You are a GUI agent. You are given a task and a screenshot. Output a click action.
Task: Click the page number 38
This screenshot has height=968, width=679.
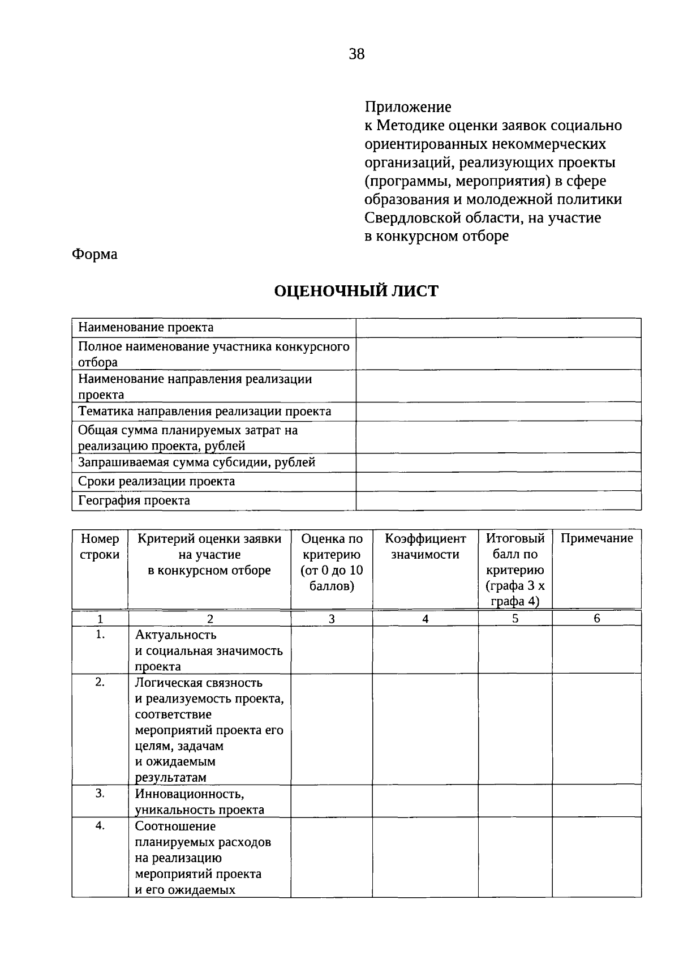click(x=357, y=54)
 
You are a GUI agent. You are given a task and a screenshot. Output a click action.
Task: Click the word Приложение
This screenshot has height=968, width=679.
click(x=408, y=107)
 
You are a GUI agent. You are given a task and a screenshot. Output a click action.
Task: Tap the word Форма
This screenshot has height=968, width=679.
click(x=94, y=254)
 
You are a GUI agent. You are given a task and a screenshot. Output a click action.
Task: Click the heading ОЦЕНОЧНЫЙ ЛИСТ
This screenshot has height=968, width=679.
click(x=356, y=292)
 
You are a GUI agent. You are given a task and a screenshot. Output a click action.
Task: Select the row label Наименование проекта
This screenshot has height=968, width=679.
click(x=145, y=327)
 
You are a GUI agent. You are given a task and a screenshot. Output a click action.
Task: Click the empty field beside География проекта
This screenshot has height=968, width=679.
click(x=498, y=500)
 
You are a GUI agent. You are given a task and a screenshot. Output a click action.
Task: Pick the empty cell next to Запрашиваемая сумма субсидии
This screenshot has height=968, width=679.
click(x=498, y=462)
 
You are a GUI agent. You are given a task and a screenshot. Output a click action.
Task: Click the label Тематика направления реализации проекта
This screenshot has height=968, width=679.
click(x=204, y=412)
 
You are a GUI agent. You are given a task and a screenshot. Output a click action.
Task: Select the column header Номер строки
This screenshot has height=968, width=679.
click(x=100, y=546)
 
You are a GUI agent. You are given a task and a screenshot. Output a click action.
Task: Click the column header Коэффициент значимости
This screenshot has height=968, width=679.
click(x=425, y=546)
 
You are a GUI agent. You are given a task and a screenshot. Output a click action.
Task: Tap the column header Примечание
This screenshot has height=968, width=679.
click(x=596, y=538)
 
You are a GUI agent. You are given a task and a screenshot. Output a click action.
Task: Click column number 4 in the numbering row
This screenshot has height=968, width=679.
click(x=425, y=619)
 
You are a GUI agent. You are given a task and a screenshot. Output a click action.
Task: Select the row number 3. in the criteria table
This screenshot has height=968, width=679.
click(x=100, y=793)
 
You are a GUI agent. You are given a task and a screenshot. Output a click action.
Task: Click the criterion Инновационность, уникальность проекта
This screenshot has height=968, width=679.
click(x=199, y=802)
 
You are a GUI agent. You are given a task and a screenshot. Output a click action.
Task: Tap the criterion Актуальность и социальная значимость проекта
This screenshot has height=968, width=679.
click(x=208, y=650)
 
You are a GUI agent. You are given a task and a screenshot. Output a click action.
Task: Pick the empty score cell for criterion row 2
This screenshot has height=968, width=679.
click(x=332, y=729)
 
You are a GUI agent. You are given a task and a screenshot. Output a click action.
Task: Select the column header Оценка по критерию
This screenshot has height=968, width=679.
click(x=332, y=562)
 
